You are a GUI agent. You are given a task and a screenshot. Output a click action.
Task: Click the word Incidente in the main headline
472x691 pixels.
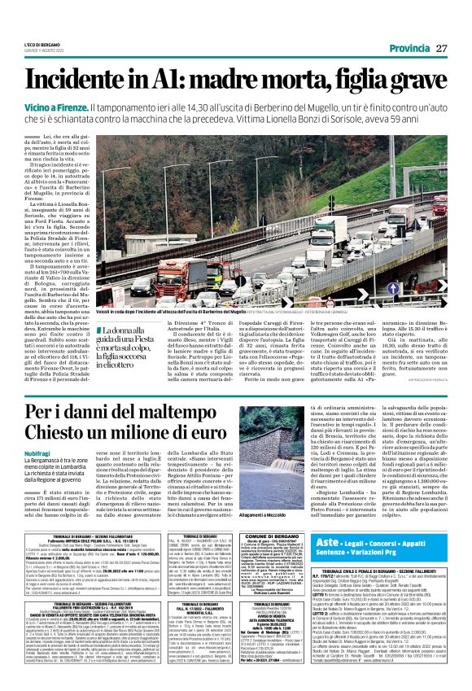(86, 81)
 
